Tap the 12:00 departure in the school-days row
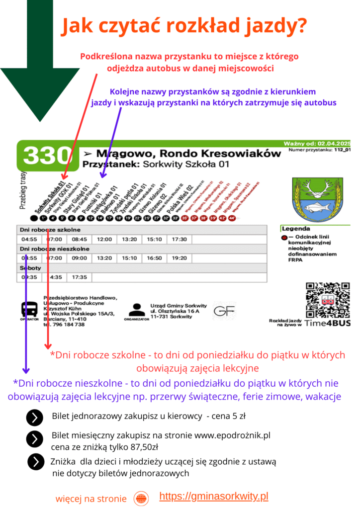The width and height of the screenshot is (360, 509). [x=104, y=240]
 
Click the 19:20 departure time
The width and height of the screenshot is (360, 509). [x=179, y=258]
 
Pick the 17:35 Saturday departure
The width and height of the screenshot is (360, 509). [x=80, y=277]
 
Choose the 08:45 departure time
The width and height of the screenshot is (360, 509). [x=80, y=240]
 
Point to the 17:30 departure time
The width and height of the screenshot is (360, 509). [x=179, y=240]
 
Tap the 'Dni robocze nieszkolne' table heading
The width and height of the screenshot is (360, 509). [x=54, y=249]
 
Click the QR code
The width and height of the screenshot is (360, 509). [x=328, y=300]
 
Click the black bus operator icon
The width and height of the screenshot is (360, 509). [x=29, y=310]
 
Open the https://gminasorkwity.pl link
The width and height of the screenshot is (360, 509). [x=214, y=496]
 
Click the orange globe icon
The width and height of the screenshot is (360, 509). [x=141, y=498]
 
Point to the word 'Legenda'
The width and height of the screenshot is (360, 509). [x=296, y=229]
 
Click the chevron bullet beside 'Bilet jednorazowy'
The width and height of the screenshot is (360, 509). [x=34, y=418]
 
